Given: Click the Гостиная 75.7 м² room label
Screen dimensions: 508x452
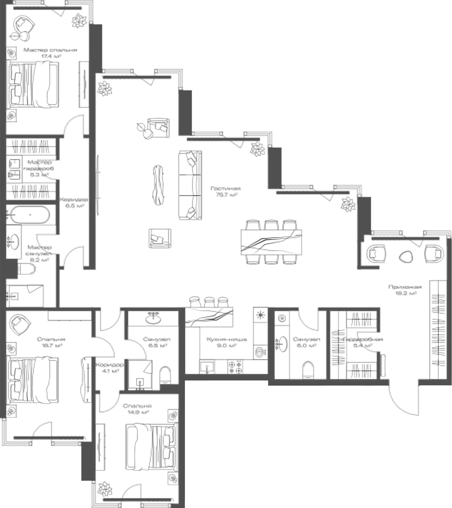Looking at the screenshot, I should (226, 191).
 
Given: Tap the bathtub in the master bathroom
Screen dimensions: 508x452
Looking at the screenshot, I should (30, 215).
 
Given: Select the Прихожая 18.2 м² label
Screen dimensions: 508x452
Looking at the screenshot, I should (405, 290).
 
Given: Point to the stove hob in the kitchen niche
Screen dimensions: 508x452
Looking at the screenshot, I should (235, 366).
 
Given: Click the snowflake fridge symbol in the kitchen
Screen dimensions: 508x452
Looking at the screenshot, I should (260, 315).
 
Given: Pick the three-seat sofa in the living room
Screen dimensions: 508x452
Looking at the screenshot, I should (190, 185).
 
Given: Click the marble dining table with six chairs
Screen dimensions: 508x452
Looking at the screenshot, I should (271, 242).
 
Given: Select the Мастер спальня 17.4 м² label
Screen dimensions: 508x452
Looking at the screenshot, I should (50, 53).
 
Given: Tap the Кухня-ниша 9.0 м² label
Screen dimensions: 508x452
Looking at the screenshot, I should (227, 342).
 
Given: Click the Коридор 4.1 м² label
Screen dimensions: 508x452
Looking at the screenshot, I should (109, 367).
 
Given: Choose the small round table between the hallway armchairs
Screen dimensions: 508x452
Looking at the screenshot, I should (406, 257).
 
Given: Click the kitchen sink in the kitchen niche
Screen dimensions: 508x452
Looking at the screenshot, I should (207, 366).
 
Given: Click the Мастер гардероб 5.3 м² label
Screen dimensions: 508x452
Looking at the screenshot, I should (39, 168).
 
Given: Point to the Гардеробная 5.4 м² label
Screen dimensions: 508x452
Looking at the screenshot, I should (363, 342).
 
